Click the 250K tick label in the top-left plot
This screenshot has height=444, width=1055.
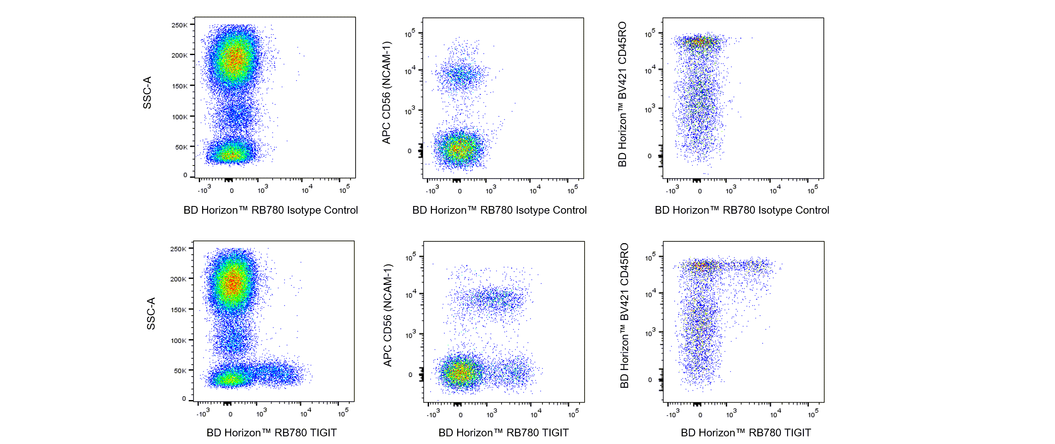[x=180, y=25]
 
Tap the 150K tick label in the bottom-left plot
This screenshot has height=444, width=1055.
[x=179, y=310]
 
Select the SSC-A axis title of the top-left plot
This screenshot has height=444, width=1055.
[x=147, y=93]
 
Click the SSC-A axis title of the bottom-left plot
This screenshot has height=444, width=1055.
[x=151, y=313]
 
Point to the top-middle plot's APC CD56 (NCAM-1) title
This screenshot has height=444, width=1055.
[x=386, y=93]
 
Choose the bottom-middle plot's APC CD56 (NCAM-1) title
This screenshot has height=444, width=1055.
[x=387, y=315]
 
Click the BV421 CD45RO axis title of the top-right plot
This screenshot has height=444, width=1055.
[x=622, y=94]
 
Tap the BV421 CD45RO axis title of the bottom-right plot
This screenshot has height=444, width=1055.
[x=624, y=316]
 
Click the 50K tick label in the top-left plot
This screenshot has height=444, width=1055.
[x=181, y=147]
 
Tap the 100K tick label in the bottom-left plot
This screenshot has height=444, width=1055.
[x=179, y=341]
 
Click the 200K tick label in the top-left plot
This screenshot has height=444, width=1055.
[x=180, y=55]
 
